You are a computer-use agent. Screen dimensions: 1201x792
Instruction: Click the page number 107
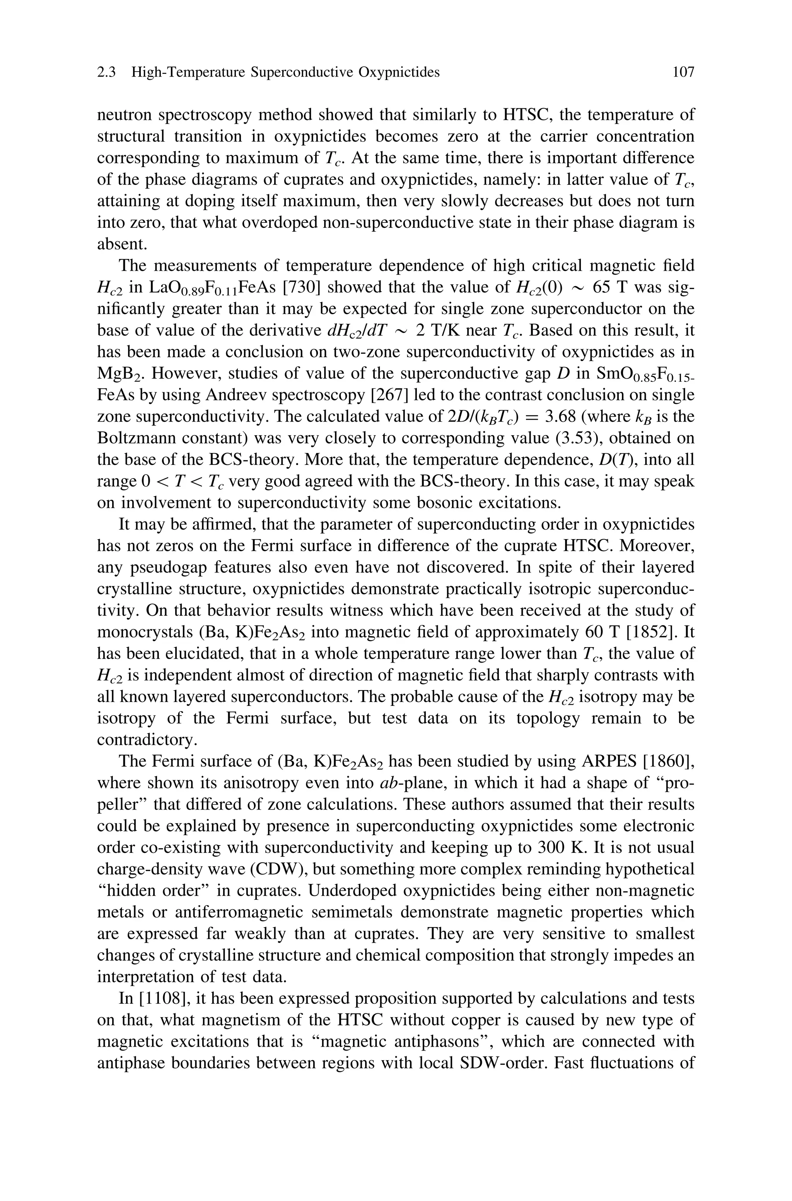click(x=683, y=73)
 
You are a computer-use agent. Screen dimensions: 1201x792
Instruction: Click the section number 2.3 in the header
click(x=106, y=73)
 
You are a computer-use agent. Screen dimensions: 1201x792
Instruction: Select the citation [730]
click(x=302, y=287)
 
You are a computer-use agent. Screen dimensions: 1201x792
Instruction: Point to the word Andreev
click(x=236, y=395)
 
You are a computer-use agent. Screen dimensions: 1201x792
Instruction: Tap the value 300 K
click(x=561, y=847)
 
